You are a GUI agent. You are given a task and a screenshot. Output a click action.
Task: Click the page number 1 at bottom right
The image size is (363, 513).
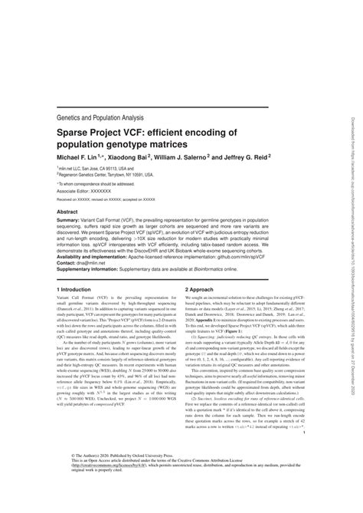coord(304,454)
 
